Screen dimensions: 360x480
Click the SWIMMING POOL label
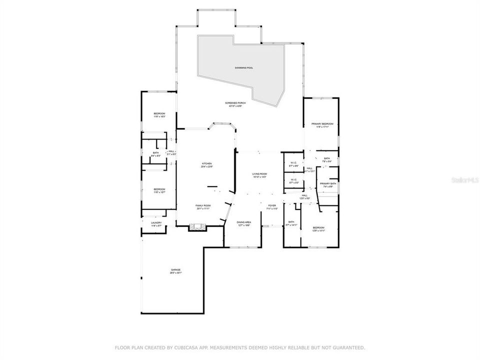(x=244, y=67)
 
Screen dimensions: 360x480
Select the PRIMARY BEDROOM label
(x=322, y=124)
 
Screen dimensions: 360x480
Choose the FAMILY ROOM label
(x=203, y=206)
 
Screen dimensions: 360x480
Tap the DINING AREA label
(x=244, y=222)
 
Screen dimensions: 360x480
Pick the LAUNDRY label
(x=156, y=223)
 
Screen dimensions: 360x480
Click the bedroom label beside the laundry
(x=159, y=189)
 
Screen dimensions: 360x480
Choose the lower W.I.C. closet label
(x=293, y=180)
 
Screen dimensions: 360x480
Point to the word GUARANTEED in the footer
(x=345, y=347)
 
